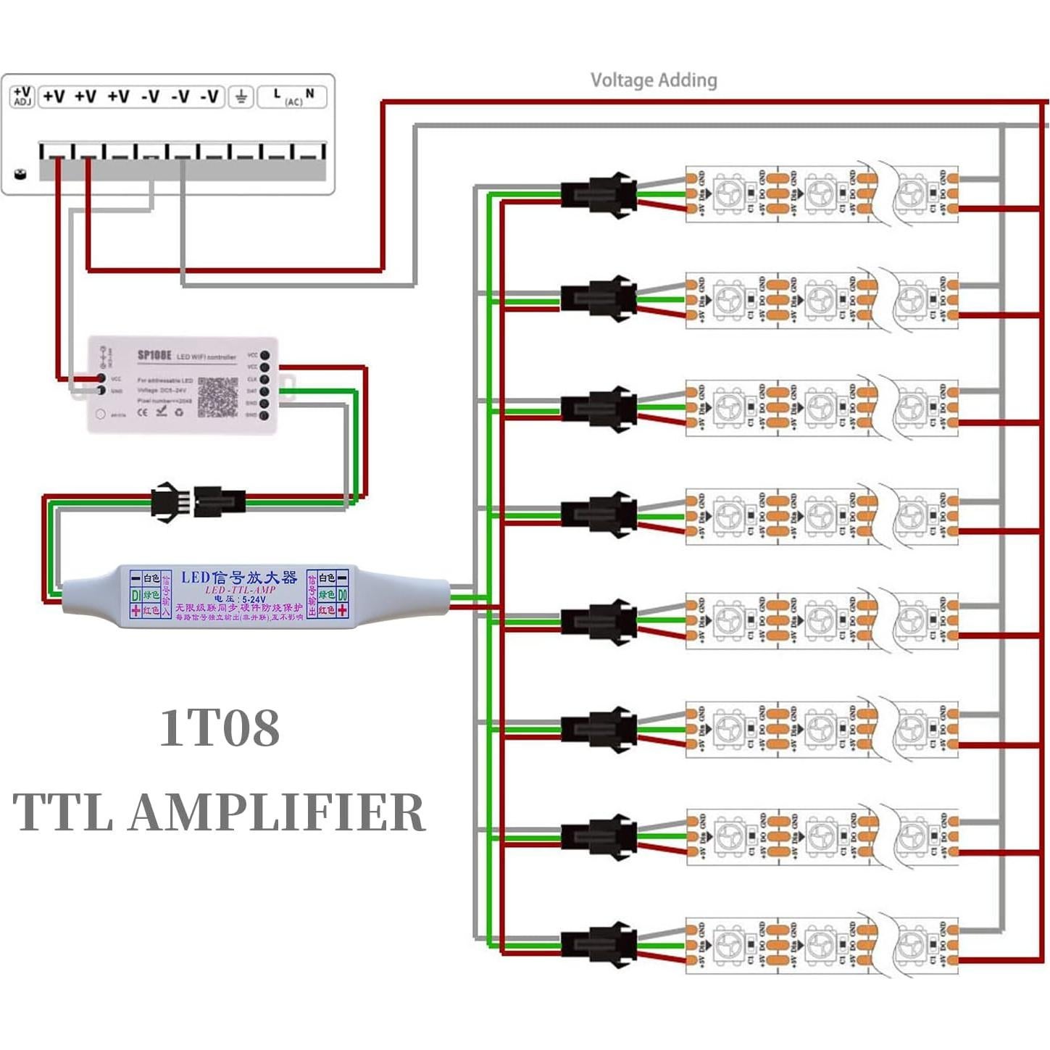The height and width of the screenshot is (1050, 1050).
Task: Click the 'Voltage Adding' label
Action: [654, 80]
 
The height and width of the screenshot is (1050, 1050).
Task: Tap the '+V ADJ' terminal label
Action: [22, 96]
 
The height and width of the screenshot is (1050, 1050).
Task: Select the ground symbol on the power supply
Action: [241, 96]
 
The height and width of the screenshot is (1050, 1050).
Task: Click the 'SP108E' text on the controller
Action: [154, 356]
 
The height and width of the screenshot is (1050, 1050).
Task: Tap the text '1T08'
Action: [220, 728]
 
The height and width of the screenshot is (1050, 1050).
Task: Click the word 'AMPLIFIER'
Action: [277, 812]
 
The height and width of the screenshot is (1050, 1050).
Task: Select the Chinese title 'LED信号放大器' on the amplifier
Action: [238, 578]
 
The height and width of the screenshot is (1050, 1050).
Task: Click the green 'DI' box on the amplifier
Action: [136, 595]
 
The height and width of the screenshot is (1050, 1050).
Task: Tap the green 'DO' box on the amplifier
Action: [342, 595]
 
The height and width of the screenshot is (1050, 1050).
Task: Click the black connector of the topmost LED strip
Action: [599, 195]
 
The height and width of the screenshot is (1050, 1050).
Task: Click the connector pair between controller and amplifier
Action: [198, 501]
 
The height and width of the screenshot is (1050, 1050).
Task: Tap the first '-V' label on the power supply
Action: [150, 96]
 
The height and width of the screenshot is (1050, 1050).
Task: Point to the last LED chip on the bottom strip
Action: [911, 945]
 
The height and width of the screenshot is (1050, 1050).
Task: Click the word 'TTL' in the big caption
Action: [64, 812]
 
